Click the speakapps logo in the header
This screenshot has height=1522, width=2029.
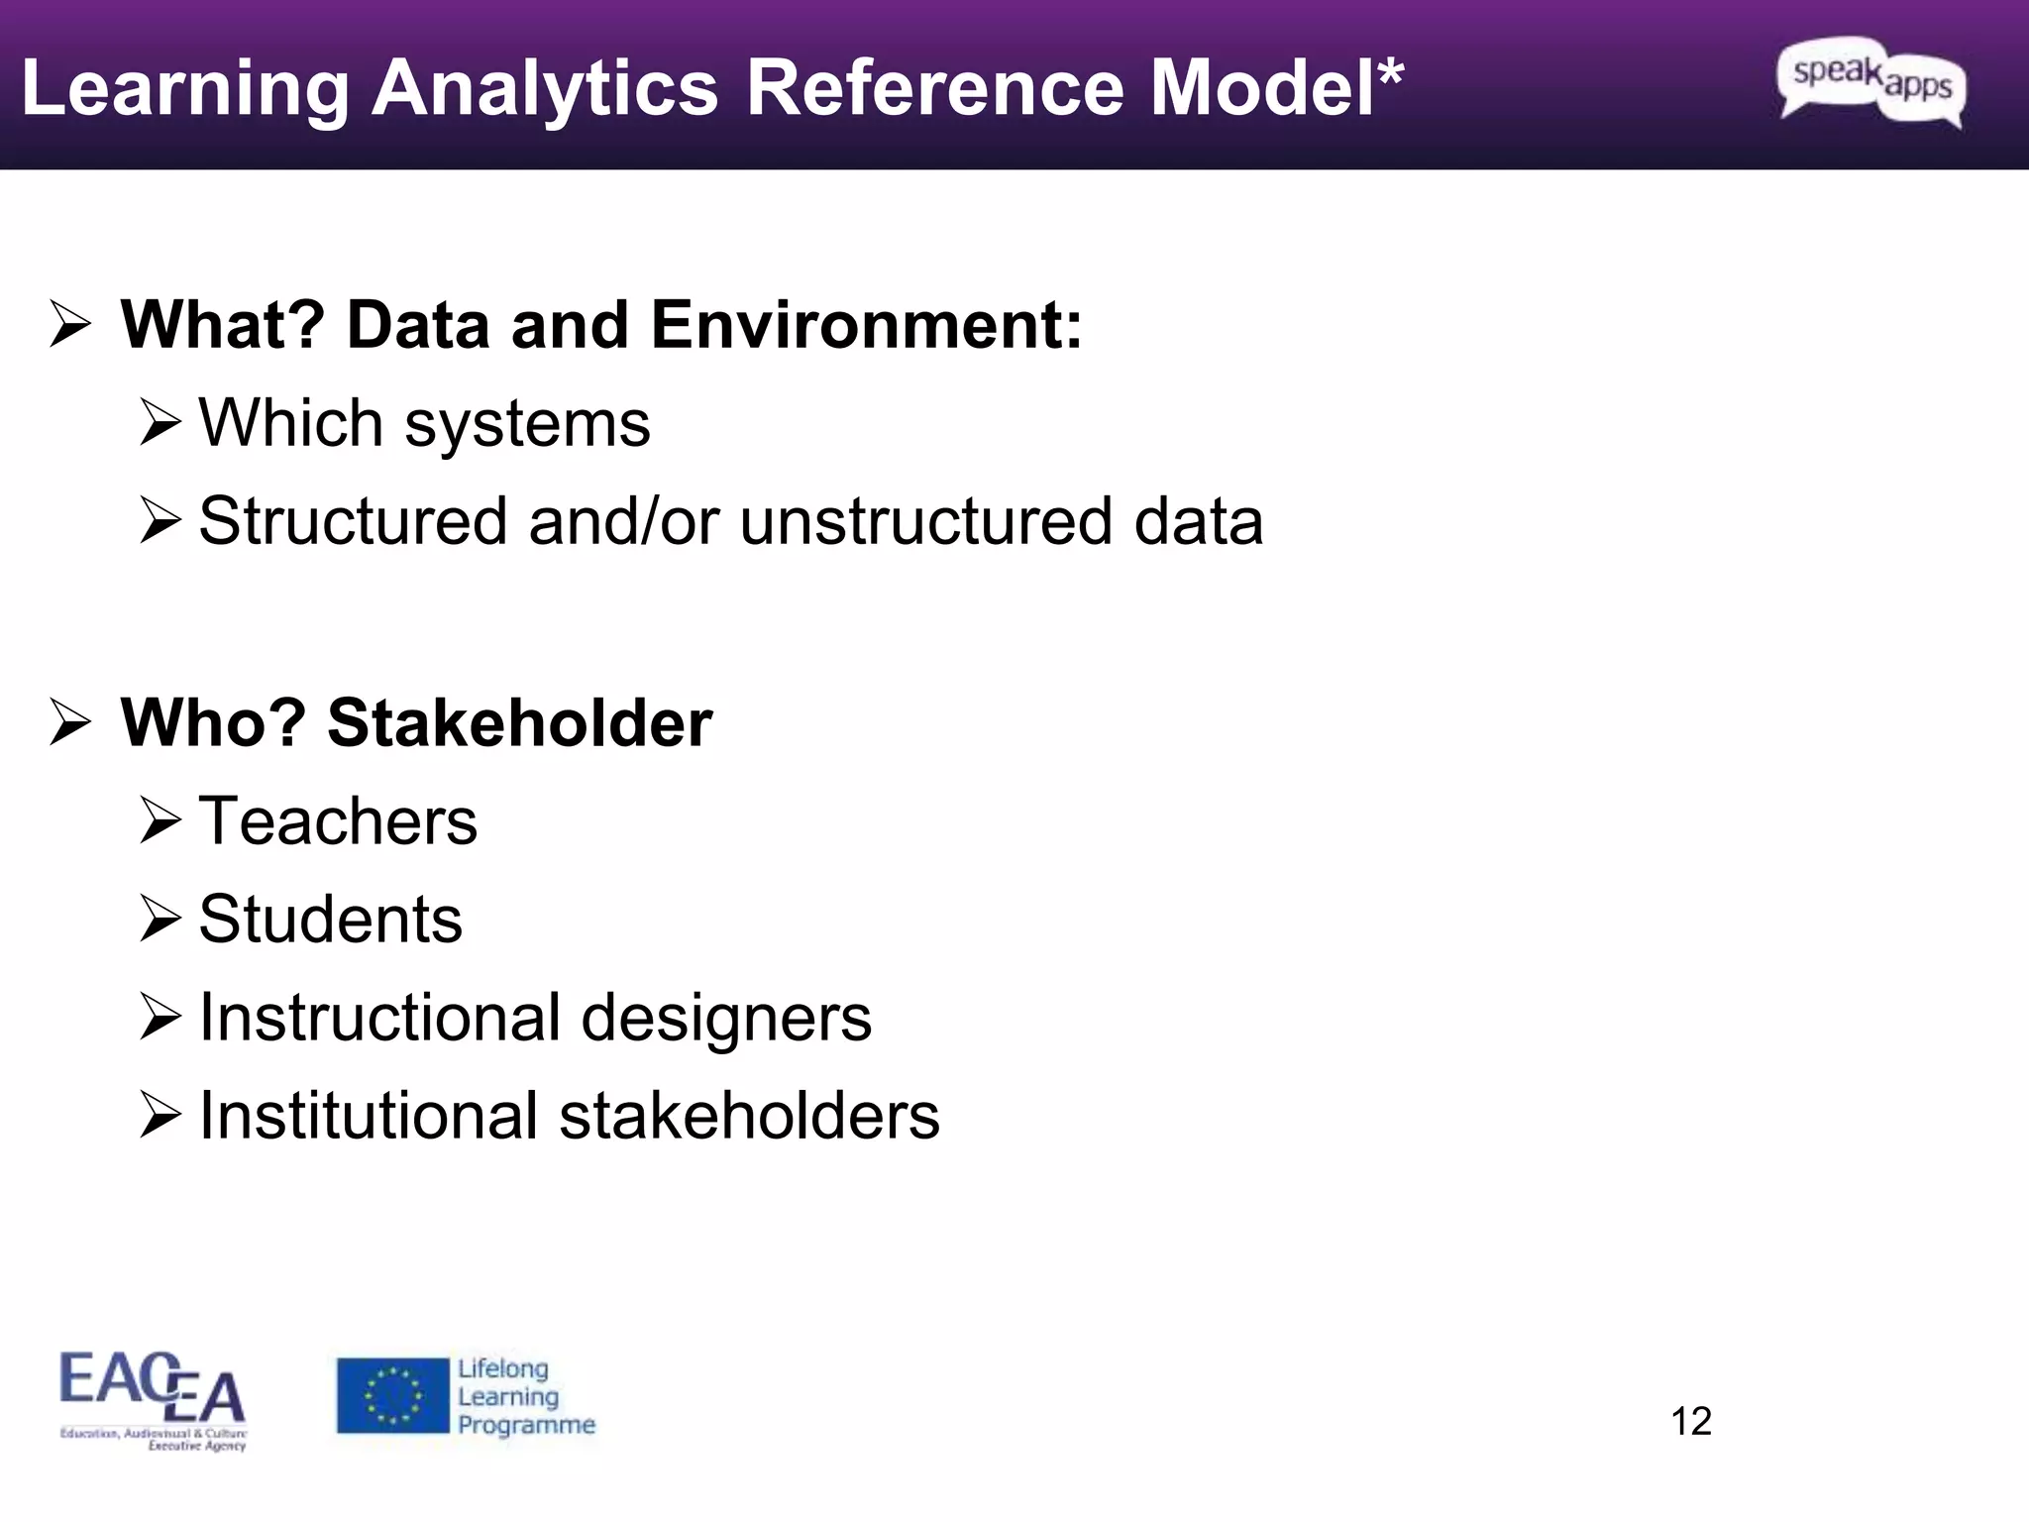[1871, 83]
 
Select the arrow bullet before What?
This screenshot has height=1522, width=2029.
[70, 325]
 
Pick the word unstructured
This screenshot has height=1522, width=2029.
[927, 521]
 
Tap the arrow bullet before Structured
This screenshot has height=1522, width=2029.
[160, 520]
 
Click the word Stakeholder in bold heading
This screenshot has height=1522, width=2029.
[519, 722]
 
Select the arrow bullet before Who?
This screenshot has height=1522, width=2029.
[70, 722]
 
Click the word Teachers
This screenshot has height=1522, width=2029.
[338, 820]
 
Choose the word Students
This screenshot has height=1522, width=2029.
[330, 919]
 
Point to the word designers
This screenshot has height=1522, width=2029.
[726, 1018]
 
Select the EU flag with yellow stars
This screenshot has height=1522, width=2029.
[392, 1395]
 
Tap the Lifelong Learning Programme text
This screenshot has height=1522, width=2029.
[525, 1396]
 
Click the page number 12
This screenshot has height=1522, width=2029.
[1691, 1421]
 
